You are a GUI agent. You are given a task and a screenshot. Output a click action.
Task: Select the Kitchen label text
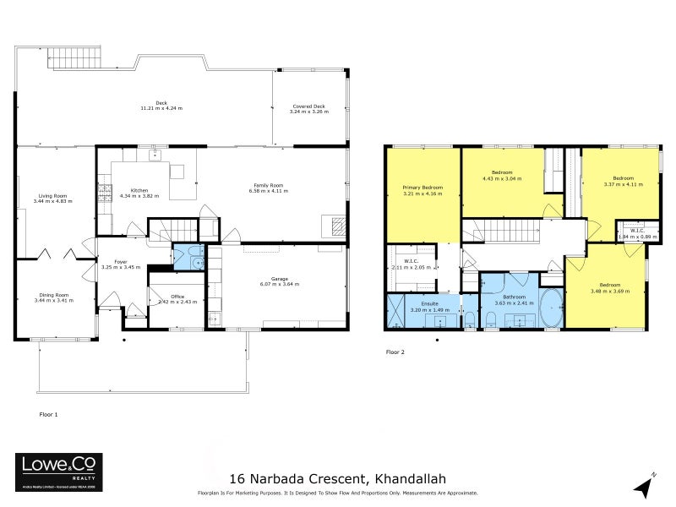[139, 191]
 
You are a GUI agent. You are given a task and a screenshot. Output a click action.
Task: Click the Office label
[177, 297]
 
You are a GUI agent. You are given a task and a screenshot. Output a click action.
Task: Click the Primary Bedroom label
[422, 187]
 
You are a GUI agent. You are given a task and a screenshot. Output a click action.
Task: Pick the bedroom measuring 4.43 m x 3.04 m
[501, 177]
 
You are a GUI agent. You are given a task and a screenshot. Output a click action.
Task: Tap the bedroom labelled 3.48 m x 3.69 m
[605, 288]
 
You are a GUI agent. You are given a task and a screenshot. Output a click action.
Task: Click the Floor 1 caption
[49, 415]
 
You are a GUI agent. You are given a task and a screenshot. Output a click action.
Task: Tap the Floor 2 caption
[395, 352]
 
